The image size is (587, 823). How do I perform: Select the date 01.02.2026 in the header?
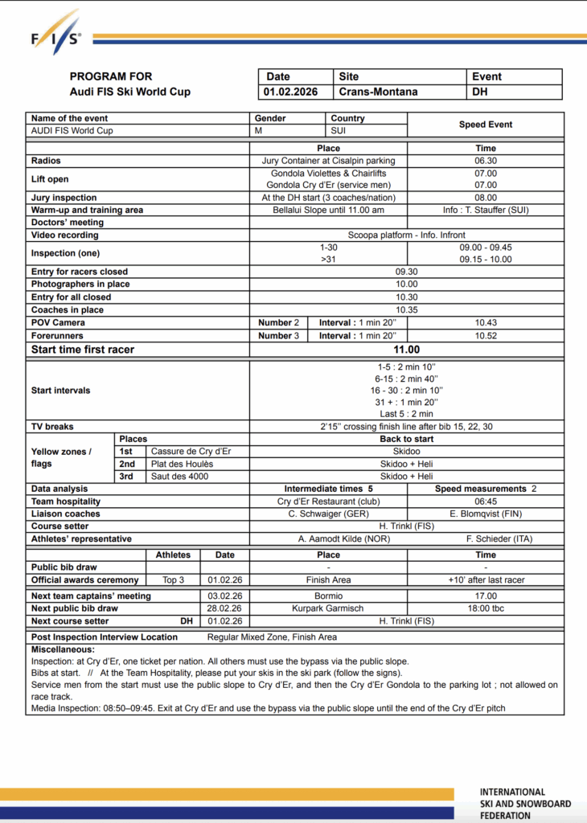pyautogui.click(x=290, y=92)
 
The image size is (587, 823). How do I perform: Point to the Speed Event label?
pyautogui.click(x=486, y=125)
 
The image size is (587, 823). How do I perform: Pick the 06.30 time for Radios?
pyautogui.click(x=486, y=161)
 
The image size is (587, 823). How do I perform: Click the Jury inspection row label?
pyautogui.click(x=64, y=198)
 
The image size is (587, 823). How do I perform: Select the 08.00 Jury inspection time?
pyautogui.click(x=486, y=198)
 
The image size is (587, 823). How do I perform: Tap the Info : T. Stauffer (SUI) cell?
pyautogui.click(x=486, y=210)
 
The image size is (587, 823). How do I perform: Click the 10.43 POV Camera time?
pyautogui.click(x=486, y=322)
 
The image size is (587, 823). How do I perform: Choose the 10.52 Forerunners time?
pyautogui.click(x=486, y=335)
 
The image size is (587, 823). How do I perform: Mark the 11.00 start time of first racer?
pyautogui.click(x=407, y=350)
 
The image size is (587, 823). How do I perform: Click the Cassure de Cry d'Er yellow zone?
pyautogui.click(x=191, y=452)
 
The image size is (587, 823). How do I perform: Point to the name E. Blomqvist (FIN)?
pyautogui.click(x=486, y=514)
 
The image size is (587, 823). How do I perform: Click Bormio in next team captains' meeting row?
pyautogui.click(x=328, y=596)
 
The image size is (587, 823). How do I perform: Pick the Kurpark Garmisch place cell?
pyautogui.click(x=328, y=608)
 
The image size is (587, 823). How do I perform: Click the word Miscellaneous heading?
pyautogui.click(x=63, y=649)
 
